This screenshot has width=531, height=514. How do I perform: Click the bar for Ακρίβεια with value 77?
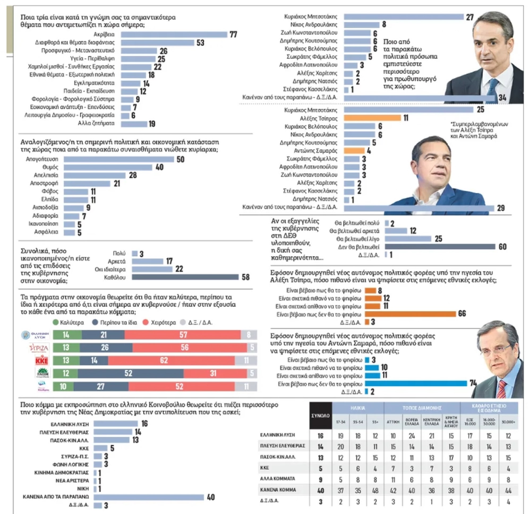pyautogui.click(x=174, y=35)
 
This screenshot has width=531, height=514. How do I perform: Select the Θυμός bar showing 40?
pyautogui.click(x=108, y=167)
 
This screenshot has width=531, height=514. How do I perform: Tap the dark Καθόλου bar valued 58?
pyautogui.click(x=185, y=277)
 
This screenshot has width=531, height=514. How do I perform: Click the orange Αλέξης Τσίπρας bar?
pyautogui.click(x=372, y=118)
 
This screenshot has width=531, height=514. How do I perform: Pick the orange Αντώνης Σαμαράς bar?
pyautogui.click(x=354, y=150)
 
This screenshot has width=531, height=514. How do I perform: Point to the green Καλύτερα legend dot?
pyautogui.click(x=55, y=322)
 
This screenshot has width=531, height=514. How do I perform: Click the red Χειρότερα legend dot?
pyautogui.click(x=145, y=322)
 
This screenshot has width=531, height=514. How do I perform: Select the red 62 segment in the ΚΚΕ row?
pyautogui.click(x=171, y=360)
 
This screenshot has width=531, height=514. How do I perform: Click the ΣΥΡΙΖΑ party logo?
pyautogui.click(x=39, y=348)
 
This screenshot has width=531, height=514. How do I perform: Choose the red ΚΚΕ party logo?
pyautogui.click(x=42, y=360)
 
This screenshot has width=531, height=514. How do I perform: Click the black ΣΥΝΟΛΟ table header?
pyautogui.click(x=320, y=416)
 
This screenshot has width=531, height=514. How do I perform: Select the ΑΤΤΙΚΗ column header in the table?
pyautogui.click(x=393, y=422)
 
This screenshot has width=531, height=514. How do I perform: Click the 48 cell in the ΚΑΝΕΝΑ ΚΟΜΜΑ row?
pyautogui.click(x=375, y=490)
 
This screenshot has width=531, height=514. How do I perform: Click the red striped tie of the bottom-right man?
pyautogui.click(x=502, y=389)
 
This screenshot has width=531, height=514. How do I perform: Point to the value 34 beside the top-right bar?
pyautogui.click(x=502, y=98)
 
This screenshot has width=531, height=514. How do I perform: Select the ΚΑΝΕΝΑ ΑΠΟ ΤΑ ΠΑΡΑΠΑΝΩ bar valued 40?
pyautogui.click(x=149, y=497)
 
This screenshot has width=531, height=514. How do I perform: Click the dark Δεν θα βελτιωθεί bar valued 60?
pyautogui.click(x=440, y=247)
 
